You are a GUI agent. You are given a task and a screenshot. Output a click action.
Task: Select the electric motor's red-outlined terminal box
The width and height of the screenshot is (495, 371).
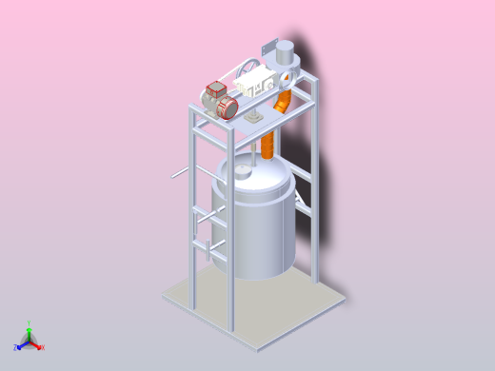(214, 90)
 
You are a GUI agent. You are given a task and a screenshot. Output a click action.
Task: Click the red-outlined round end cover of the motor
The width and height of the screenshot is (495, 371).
(228, 107)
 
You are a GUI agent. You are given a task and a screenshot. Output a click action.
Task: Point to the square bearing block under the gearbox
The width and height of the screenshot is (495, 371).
(255, 118)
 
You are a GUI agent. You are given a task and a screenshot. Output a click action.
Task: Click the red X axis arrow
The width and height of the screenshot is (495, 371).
(36, 345)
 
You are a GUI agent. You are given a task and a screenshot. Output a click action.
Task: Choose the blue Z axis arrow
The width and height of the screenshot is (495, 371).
(20, 345)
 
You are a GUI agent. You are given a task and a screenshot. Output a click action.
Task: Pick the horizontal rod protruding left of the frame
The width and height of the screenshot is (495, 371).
(181, 173)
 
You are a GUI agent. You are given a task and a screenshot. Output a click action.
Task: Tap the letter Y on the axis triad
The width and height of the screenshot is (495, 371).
(30, 322)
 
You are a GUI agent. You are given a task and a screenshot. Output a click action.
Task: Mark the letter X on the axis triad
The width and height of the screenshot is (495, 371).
(42, 347)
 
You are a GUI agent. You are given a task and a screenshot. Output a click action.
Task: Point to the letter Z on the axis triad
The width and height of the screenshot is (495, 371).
(15, 348)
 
